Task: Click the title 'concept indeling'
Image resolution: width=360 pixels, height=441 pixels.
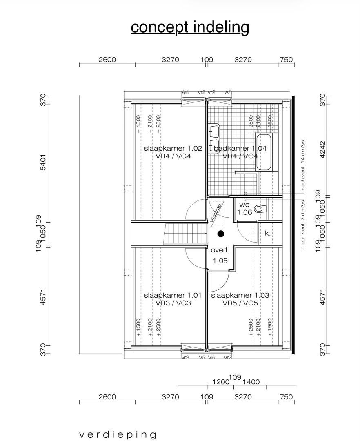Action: pos(190,27)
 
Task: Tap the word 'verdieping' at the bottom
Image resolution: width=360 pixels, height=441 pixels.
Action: pos(118,434)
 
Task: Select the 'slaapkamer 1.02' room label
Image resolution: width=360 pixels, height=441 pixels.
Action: pos(167,149)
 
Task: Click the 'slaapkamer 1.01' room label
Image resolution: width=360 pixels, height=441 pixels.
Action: pos(167,295)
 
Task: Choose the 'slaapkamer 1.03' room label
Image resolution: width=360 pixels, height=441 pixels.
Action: pos(240,295)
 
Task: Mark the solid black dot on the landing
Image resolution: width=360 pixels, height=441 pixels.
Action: pos(221,234)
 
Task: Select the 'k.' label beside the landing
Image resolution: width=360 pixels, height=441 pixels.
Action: pos(267,234)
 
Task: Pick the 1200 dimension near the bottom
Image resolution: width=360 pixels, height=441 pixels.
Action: pos(221,382)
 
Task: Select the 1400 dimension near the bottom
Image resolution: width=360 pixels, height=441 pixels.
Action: pos(251,382)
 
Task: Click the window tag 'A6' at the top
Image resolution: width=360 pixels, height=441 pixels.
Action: pos(185,92)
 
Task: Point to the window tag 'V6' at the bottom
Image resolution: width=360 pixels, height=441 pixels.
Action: pos(211,357)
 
